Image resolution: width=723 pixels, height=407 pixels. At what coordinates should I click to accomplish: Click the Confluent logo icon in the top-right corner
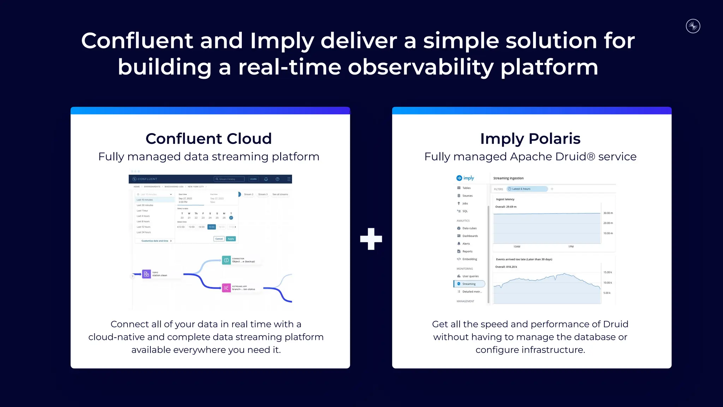tap(693, 26)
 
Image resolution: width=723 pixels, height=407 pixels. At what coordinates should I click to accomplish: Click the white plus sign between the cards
tap(371, 239)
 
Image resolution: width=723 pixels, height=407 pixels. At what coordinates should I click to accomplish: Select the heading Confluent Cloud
tap(209, 138)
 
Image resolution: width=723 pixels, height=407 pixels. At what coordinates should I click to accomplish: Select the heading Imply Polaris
tap(530, 138)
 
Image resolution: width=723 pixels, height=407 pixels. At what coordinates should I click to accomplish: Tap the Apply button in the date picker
tap(231, 239)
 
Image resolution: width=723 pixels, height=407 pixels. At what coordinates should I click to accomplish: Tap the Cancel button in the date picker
tap(219, 239)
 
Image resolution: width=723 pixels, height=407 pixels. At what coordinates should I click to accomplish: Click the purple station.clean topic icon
tap(147, 274)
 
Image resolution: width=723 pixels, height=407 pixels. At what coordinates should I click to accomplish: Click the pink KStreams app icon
tap(226, 288)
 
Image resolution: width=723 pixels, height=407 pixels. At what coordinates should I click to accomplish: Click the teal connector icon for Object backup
tap(226, 260)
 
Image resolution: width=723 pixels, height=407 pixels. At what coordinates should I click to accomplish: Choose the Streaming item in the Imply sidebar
tap(469, 284)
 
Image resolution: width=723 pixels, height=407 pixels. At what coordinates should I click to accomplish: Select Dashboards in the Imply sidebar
tap(470, 236)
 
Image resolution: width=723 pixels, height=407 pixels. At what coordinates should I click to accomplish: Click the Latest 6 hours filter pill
tap(527, 189)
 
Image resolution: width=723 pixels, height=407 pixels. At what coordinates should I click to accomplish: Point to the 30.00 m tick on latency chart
tap(608, 213)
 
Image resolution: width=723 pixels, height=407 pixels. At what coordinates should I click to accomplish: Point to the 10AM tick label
tap(517, 247)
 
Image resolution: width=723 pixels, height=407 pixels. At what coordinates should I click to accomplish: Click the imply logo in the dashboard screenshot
tap(465, 178)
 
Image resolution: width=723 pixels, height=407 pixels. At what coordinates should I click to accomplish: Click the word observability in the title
tap(420, 67)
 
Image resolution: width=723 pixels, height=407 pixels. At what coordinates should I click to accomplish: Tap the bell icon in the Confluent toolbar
tap(266, 179)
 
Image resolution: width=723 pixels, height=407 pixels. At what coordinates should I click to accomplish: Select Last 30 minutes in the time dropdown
tap(145, 205)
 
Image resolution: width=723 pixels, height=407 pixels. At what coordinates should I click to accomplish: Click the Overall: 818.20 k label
tap(506, 267)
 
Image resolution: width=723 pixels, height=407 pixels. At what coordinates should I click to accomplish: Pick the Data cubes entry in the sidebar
tap(469, 228)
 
